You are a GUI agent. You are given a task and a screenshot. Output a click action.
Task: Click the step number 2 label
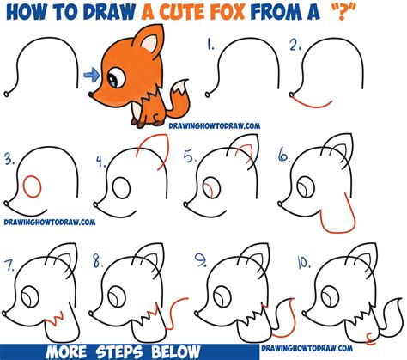click(x=296, y=45)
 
